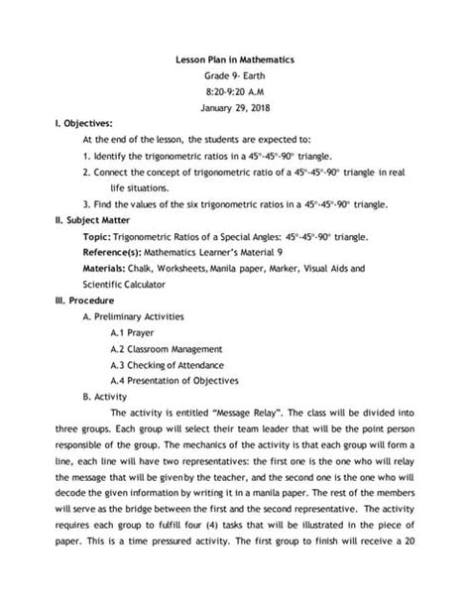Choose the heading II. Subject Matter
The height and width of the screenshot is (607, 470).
click(96, 220)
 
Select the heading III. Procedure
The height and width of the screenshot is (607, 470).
click(88, 300)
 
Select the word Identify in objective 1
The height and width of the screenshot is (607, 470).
click(110, 157)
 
